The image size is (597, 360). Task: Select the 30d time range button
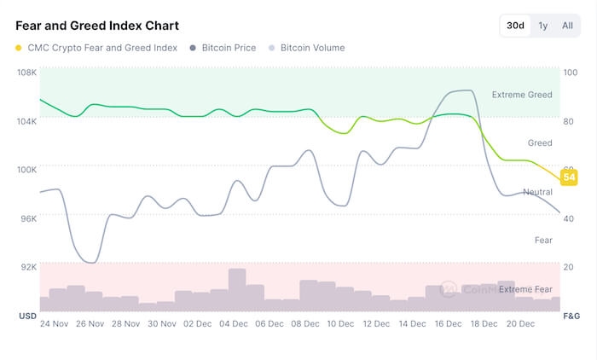pos(516,26)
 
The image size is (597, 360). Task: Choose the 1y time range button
pos(543,26)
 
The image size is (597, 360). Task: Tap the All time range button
pos(567,26)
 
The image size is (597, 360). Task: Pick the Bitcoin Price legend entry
pos(223,48)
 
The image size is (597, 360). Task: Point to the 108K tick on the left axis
pos(27,73)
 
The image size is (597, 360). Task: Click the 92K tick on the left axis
pos(27,266)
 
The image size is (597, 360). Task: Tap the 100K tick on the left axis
pos(27,169)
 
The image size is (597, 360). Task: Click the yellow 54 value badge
pos(569,177)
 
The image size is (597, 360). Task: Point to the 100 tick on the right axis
pos(570,73)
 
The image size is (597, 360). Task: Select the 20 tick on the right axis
pos(569,266)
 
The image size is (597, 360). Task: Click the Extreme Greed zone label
pos(522,95)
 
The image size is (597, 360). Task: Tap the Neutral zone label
pos(537,192)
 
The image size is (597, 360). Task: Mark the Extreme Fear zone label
pos(525,289)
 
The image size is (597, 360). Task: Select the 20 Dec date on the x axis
pos(521,324)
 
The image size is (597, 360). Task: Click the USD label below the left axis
pos(26,316)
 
